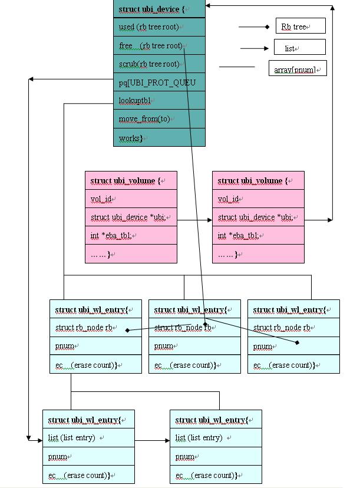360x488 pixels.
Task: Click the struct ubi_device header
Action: (159, 9)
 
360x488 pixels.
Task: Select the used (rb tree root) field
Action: (159, 27)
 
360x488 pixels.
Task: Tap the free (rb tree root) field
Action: (159, 45)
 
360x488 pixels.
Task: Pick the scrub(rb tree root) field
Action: (159, 64)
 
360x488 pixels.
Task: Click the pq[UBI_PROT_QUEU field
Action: (159, 83)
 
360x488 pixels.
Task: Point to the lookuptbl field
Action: (159, 101)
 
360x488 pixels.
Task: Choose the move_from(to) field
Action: (159, 119)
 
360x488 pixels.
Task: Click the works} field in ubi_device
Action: (159, 138)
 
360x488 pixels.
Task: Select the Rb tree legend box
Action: (300, 27)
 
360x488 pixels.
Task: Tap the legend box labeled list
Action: (299, 48)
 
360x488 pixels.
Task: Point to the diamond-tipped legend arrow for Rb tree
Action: (253, 27)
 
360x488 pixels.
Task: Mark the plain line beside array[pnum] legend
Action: (237, 67)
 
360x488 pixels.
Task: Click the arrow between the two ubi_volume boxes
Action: (194, 220)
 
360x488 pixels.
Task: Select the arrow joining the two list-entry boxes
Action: (152, 440)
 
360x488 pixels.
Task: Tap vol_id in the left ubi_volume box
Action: (131, 199)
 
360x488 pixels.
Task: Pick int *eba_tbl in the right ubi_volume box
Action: (258, 236)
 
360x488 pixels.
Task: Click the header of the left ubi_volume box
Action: (131, 180)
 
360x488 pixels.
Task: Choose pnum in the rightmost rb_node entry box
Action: (293, 346)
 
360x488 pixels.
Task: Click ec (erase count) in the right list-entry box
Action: (216, 475)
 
